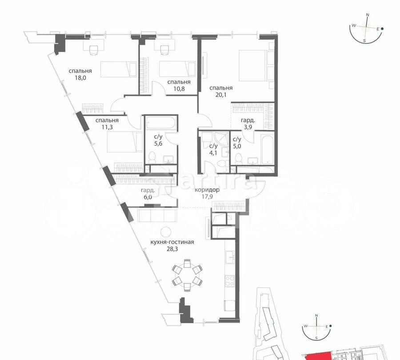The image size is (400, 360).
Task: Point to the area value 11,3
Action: (107, 128)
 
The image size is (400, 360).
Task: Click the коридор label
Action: (207, 190)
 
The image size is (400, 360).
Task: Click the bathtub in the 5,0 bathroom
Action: (268, 148)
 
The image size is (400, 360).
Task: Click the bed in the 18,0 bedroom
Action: (118, 69)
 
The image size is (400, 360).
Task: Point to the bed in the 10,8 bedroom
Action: (177, 69)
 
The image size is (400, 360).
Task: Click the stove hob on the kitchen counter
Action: (230, 281)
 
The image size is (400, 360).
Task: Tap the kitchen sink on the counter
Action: (230, 258)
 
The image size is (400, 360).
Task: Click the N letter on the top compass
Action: (368, 15)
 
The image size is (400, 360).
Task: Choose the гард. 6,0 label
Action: (148, 193)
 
